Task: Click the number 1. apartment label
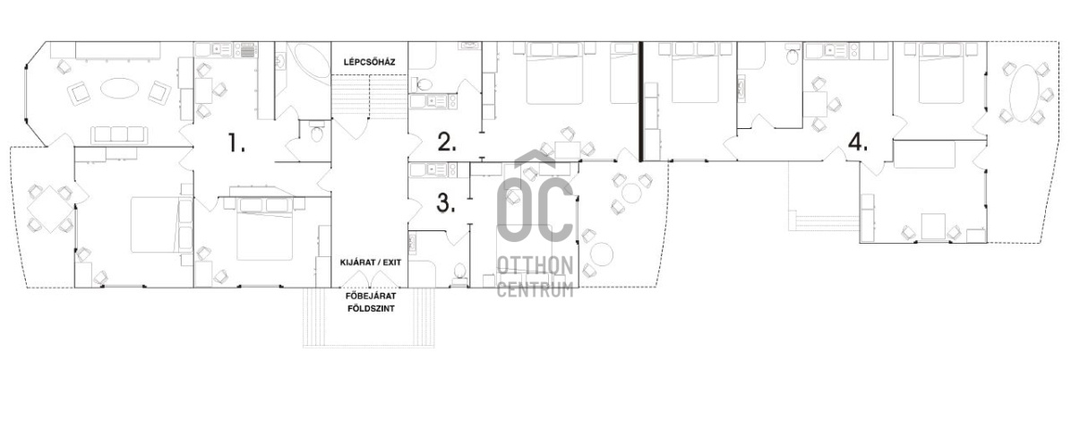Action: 236,143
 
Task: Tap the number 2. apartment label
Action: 447,142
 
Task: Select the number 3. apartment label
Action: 446,202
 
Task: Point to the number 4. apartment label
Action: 858,142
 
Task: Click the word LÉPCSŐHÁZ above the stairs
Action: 370,62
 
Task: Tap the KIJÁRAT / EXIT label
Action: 370,263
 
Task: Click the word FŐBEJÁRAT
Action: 370,297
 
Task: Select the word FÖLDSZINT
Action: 370,309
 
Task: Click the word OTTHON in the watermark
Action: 535,265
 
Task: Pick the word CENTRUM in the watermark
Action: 535,289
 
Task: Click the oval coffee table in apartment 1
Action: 119,88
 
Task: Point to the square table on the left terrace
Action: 45,208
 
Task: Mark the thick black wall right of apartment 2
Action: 640,101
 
